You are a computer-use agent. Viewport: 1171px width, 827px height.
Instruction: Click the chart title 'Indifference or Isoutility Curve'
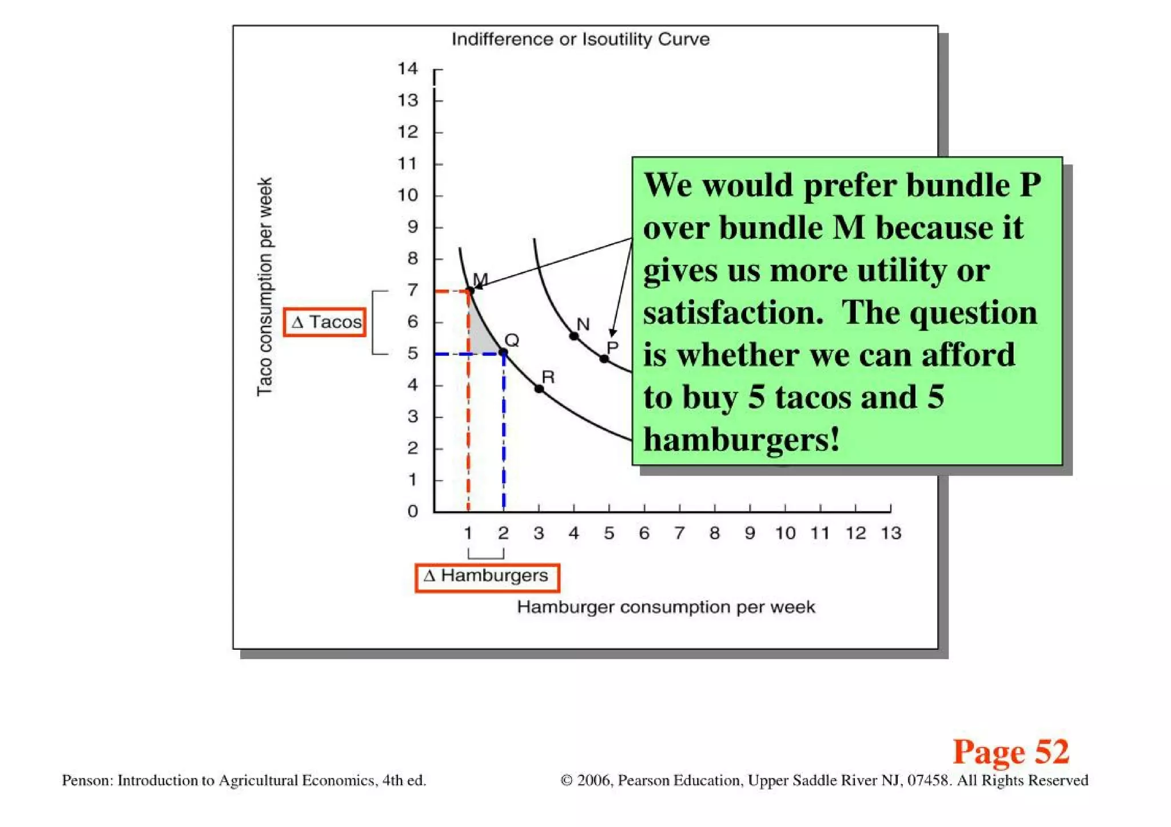point(580,39)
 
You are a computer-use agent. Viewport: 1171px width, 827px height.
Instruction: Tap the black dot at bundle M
point(469,291)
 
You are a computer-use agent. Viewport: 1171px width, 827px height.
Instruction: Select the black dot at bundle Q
point(504,353)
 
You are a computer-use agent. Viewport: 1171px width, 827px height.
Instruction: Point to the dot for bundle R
point(539,389)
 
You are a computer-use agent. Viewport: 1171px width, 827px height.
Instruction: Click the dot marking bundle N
point(574,336)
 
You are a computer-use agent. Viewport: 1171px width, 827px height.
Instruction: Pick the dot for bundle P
point(604,358)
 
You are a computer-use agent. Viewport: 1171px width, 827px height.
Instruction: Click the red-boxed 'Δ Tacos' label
point(325,322)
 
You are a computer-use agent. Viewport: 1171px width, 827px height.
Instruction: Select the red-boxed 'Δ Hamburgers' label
point(487,577)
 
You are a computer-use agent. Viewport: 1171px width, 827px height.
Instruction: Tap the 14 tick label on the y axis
point(408,69)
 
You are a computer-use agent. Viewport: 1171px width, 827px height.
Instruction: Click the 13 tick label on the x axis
point(891,533)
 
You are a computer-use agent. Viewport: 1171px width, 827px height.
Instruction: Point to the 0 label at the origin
point(413,511)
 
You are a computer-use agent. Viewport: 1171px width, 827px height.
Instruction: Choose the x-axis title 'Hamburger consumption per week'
point(666,607)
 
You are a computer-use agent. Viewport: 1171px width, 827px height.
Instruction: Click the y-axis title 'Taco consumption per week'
point(264,286)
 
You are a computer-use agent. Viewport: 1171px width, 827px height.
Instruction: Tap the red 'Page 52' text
point(1010,752)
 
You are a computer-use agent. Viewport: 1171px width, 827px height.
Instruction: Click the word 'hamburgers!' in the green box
point(742,440)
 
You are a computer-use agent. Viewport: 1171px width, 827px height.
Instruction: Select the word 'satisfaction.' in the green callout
point(733,313)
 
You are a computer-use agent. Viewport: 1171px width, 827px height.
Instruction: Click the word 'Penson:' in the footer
point(87,781)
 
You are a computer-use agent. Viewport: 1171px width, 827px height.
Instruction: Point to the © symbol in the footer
point(567,781)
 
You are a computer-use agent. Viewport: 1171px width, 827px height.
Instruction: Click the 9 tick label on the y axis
point(412,227)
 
